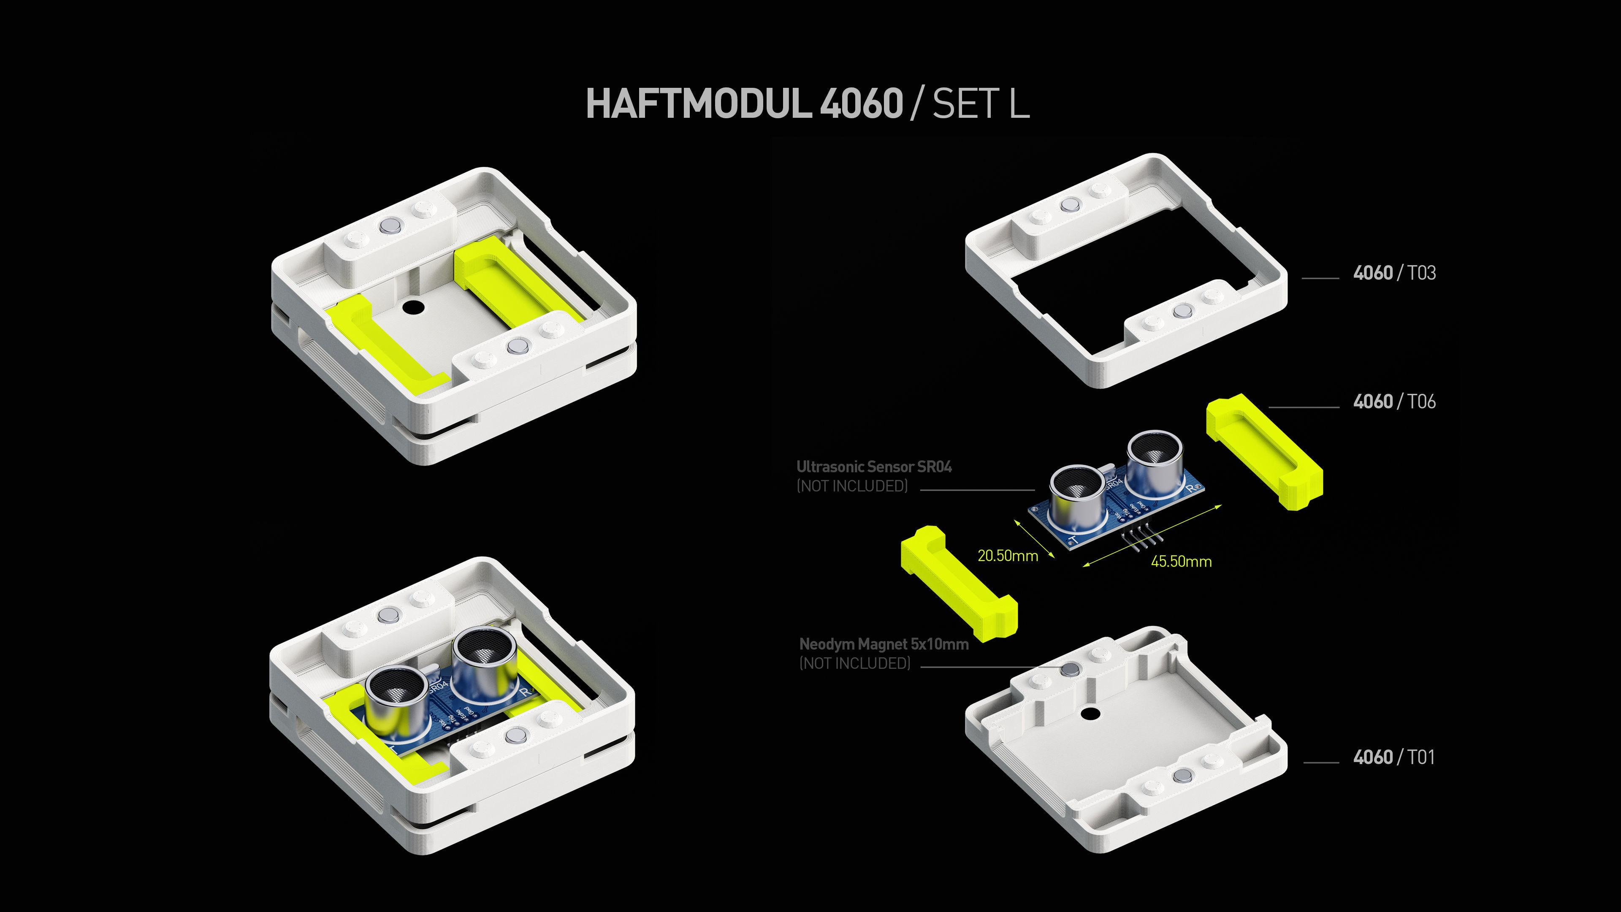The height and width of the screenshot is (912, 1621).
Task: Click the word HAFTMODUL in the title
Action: click(x=699, y=104)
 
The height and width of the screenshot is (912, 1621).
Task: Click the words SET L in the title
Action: click(x=980, y=104)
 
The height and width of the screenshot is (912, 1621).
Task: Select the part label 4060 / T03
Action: click(x=1394, y=273)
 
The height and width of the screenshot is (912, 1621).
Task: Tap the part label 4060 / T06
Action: click(x=1394, y=402)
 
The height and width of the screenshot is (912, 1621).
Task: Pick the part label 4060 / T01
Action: click(x=1394, y=757)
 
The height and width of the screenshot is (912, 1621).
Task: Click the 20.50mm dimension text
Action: click(x=1008, y=556)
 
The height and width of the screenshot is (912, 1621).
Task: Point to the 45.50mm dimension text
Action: click(x=1181, y=562)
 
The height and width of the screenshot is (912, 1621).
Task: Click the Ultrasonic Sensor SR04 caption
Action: click(x=873, y=467)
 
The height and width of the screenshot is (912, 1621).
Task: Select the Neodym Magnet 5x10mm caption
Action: click(x=884, y=644)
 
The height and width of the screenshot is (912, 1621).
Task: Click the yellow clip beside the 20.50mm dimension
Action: click(x=958, y=582)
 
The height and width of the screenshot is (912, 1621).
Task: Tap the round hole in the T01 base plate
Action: click(x=1090, y=714)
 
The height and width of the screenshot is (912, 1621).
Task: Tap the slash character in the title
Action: click(x=917, y=104)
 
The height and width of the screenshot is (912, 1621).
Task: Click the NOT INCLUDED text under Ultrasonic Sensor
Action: click(x=852, y=486)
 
